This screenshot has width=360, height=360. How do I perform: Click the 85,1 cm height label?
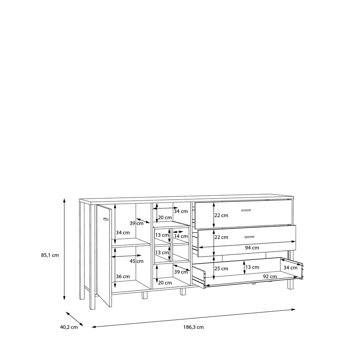(x=50, y=255)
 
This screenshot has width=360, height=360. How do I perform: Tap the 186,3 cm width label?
(x=193, y=327)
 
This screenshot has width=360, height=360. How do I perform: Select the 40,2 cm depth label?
(x=69, y=327)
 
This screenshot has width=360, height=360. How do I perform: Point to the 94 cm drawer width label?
(x=252, y=248)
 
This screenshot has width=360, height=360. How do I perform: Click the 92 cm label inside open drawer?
(x=270, y=276)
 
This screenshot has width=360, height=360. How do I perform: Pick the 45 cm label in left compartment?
(x=136, y=261)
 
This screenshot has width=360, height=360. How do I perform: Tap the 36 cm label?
(x=123, y=276)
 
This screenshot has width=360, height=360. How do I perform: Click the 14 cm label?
(x=181, y=236)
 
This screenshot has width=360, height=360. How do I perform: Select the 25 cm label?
(x=221, y=269)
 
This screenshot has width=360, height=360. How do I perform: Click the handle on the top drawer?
(x=246, y=210)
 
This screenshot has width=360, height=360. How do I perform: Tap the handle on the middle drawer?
(x=249, y=237)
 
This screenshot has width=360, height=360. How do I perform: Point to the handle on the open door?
(x=105, y=219)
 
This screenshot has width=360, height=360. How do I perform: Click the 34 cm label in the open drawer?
(x=291, y=268)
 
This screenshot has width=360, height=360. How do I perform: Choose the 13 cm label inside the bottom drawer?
(x=252, y=267)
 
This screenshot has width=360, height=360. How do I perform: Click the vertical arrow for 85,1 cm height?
(x=64, y=249)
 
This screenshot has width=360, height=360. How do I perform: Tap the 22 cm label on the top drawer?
(x=221, y=215)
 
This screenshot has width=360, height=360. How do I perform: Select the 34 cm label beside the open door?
(x=123, y=233)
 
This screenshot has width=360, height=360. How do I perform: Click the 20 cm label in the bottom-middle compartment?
(x=165, y=283)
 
